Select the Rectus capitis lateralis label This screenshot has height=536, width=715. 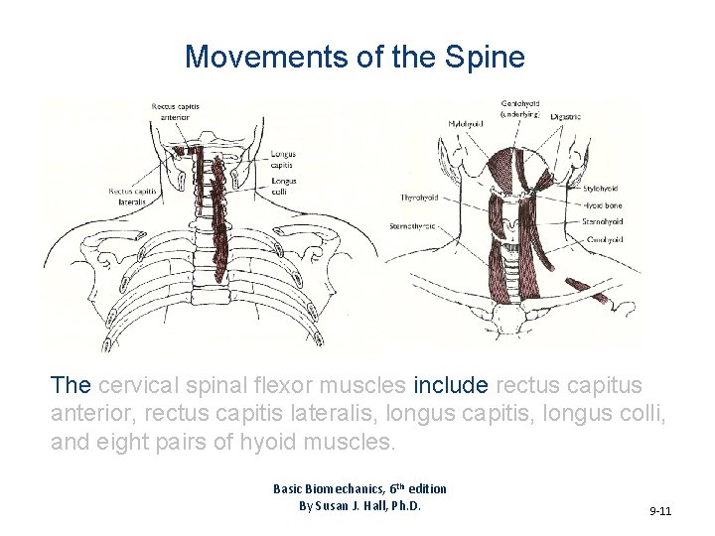click(x=128, y=196)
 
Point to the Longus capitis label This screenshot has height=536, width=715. click(x=283, y=159)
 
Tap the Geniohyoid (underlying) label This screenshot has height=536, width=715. click(x=520, y=108)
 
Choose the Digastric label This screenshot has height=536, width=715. click(x=566, y=117)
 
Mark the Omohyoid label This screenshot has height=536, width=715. click(x=604, y=239)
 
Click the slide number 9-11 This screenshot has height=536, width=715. click(x=660, y=511)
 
